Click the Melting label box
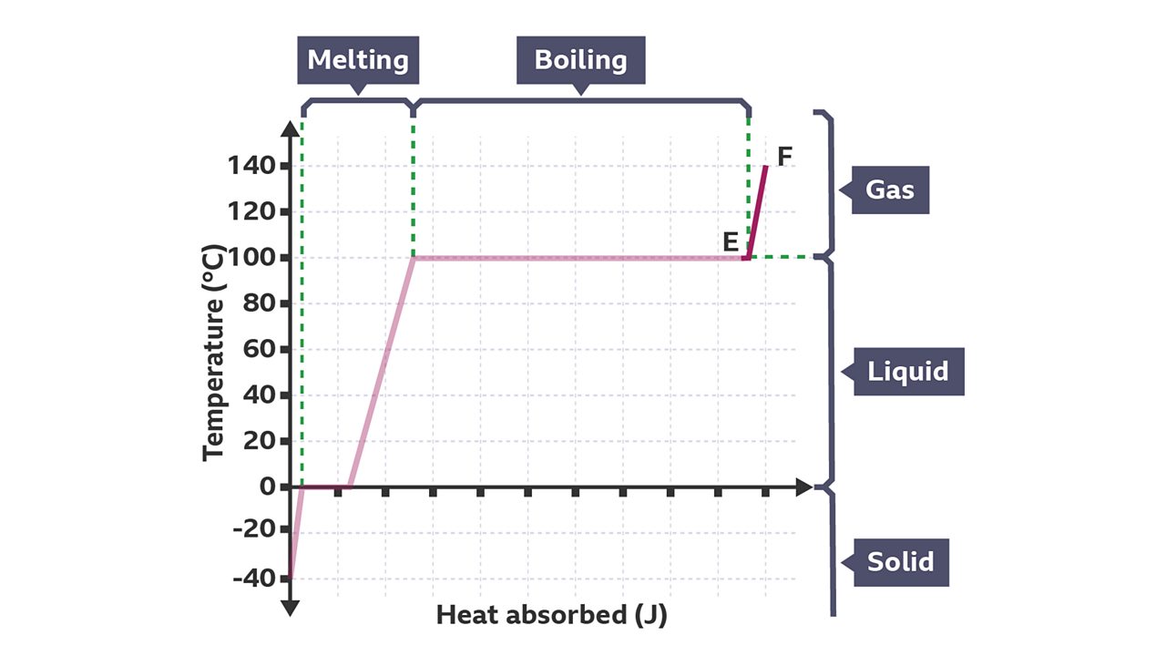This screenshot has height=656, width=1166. [357, 60]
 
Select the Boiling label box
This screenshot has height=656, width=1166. [580, 60]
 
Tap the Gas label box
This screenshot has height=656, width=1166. [889, 190]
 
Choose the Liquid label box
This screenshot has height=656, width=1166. [907, 372]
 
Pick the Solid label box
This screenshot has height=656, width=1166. [899, 561]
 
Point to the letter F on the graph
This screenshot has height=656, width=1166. [784, 156]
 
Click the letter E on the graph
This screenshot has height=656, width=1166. [731, 241]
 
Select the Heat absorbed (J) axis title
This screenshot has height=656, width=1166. [551, 615]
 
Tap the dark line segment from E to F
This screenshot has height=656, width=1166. [757, 211]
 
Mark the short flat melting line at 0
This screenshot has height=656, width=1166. [326, 487]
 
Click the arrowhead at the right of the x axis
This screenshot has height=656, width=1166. [803, 487]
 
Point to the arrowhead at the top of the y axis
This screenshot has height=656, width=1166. [290, 128]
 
